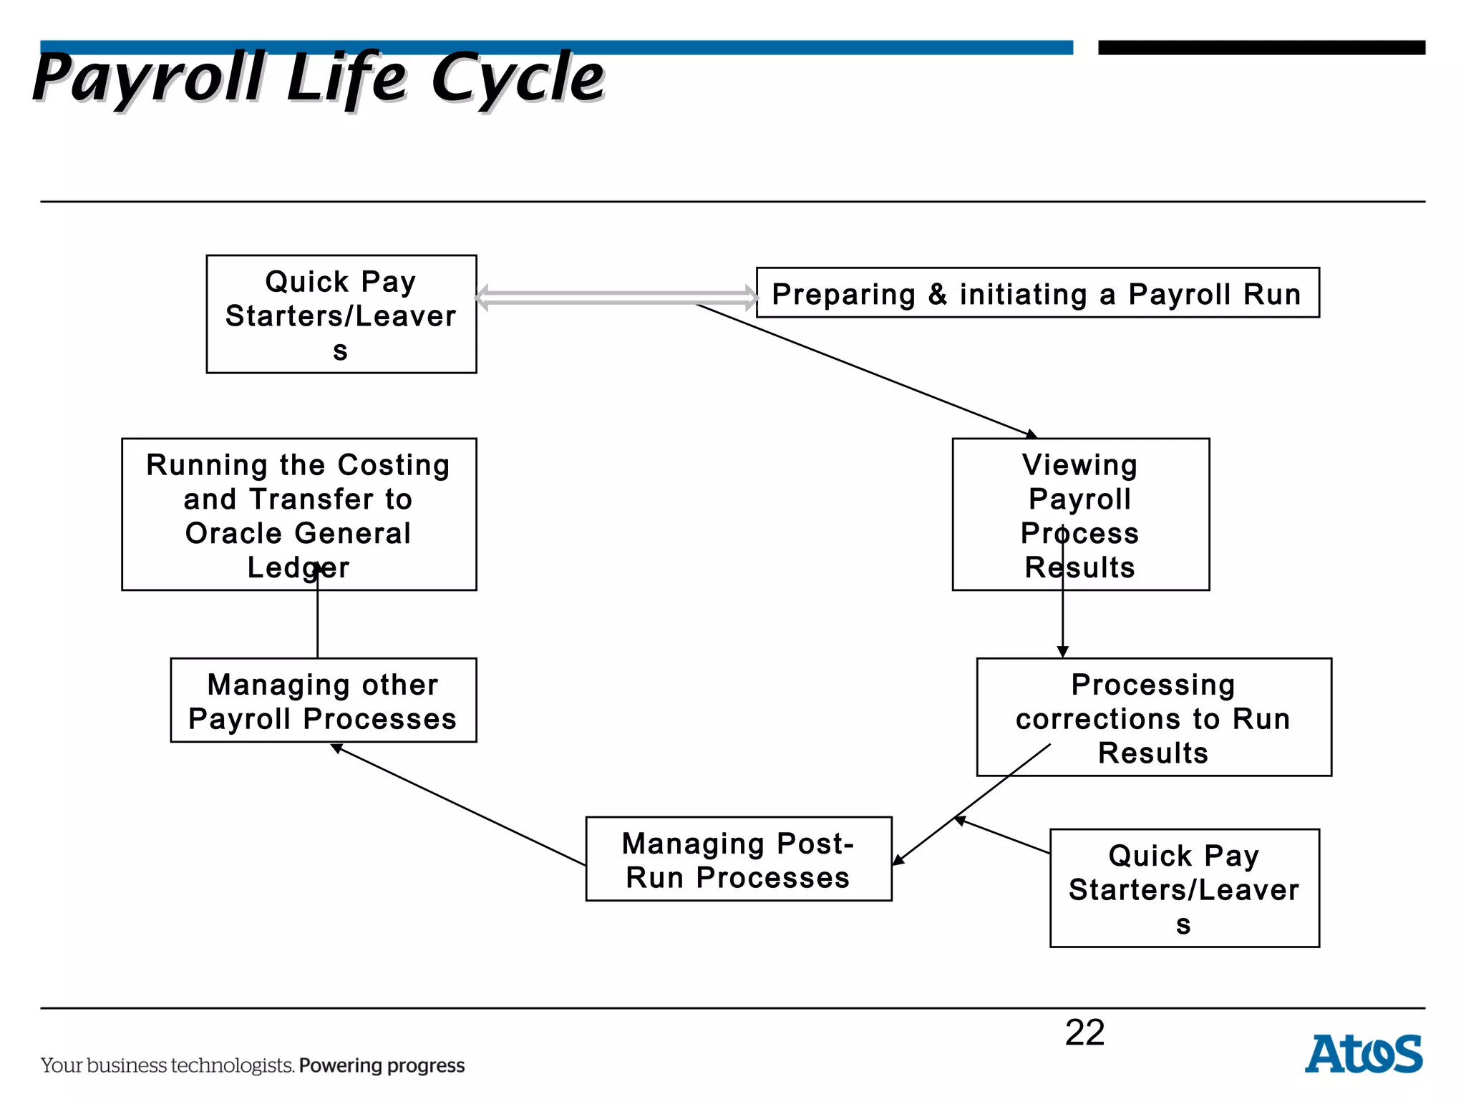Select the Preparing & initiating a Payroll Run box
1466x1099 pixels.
1037,293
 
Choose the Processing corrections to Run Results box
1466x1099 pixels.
1153,717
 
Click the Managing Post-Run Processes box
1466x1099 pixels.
738,859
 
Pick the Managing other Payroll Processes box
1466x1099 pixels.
323,700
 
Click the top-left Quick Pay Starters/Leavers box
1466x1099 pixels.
341,314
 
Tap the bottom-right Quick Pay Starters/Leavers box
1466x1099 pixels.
1184,888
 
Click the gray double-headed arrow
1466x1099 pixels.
616,298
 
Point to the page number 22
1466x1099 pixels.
1084,1032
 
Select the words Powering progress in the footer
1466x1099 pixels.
382,1065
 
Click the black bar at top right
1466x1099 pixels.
1261,48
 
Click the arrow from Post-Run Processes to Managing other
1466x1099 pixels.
458,805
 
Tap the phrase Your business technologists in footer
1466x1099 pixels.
167,1065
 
